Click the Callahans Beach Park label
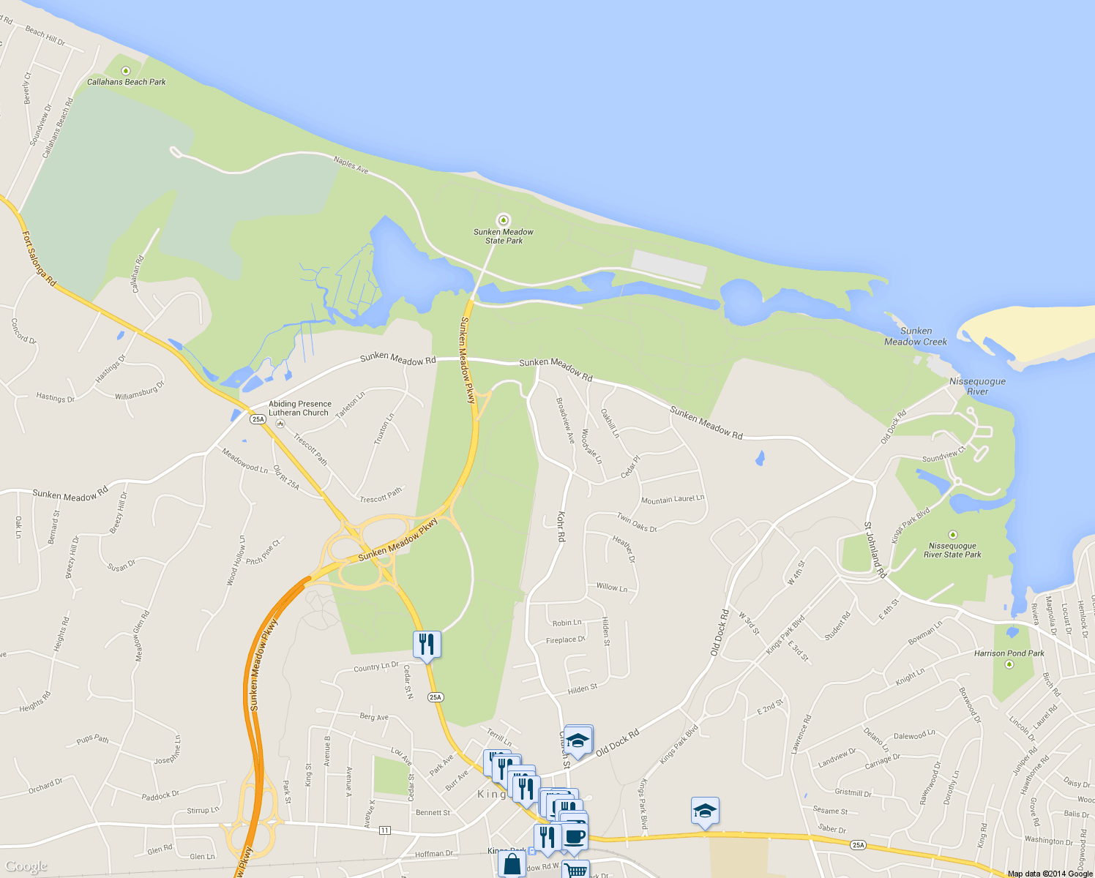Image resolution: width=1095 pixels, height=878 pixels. coord(127,82)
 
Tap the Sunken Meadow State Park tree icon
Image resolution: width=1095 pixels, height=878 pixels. coord(503,219)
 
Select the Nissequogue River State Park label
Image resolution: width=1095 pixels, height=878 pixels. coord(952,550)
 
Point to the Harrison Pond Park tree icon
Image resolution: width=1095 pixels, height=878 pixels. coord(1009,664)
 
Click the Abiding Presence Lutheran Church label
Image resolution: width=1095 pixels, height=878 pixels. coord(300,408)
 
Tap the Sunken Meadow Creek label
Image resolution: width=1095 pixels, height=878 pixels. coord(916,337)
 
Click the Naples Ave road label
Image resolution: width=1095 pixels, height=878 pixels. coord(351,165)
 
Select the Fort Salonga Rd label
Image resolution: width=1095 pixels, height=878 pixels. coord(38,258)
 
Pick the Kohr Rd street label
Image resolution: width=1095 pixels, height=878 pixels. coord(561,526)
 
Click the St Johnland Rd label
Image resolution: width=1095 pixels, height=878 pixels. coord(875,550)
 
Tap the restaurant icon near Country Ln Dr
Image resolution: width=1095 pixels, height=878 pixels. coord(426,644)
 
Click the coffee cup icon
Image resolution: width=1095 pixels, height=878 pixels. coord(575,836)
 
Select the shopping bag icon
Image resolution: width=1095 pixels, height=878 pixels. coord(512,864)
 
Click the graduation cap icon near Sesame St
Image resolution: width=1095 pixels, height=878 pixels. coord(705,811)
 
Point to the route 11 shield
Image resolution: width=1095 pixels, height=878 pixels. coord(385,830)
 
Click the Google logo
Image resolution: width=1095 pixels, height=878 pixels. coord(26,866)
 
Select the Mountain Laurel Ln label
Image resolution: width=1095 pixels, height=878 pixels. coord(673,500)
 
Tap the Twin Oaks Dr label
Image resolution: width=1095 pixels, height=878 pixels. coord(637,522)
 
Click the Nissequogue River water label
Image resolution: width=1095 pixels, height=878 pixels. coord(977,386)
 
